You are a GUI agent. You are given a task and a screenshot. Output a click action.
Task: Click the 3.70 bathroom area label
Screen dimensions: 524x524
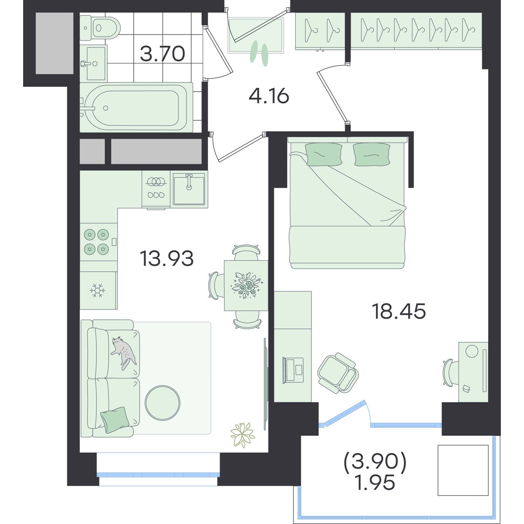[x=162, y=54]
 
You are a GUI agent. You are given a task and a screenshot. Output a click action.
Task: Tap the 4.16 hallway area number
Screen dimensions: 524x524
[x=269, y=96]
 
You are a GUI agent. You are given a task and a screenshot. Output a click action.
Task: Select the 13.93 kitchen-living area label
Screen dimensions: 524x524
[x=166, y=258]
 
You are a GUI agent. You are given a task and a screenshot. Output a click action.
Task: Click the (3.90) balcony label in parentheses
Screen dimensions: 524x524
[x=375, y=461]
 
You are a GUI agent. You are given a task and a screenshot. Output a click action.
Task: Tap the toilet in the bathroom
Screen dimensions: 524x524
[x=100, y=28]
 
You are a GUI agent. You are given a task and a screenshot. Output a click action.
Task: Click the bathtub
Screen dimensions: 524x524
[x=136, y=107]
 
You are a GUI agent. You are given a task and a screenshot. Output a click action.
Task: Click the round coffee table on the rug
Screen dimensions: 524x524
[x=162, y=403]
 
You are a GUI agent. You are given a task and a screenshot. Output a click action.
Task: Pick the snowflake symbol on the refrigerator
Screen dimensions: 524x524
[x=97, y=291]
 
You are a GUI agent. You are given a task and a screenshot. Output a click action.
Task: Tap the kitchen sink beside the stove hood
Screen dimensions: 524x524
[x=189, y=189]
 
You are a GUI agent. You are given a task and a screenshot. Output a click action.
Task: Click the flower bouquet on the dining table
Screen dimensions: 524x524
[x=246, y=285]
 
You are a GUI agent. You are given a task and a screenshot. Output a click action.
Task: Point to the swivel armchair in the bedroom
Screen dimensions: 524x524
[x=338, y=373]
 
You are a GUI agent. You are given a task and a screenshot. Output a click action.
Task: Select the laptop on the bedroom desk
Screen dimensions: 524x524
[x=293, y=370]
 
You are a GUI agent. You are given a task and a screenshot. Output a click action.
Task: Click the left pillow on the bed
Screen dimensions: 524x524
[x=324, y=154]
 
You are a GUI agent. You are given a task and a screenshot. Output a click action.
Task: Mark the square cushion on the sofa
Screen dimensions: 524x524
[x=115, y=420]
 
